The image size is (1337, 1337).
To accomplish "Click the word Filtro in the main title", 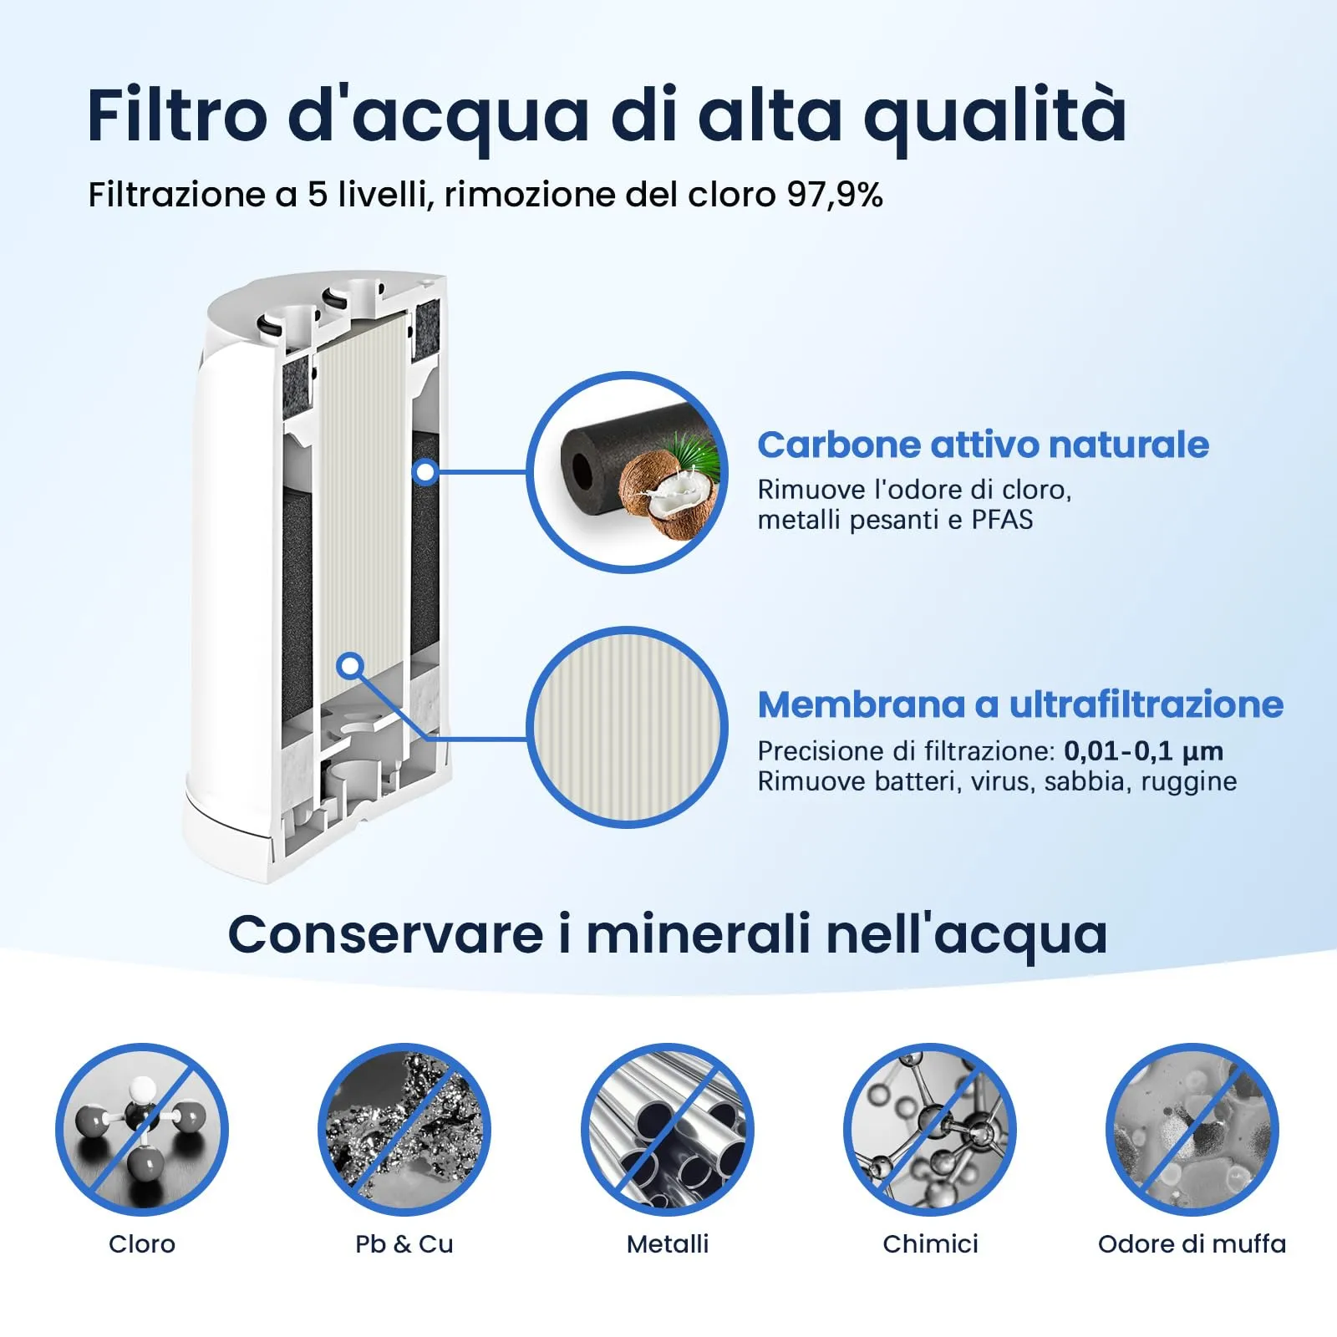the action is pos(177,114).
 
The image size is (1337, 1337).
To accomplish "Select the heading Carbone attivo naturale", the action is pos(983,445).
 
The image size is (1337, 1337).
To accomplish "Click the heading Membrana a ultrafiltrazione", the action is pos(1020,704).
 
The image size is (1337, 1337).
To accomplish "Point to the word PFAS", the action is pos(1002,520).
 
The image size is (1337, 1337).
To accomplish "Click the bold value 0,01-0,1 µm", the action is pos(1143,751).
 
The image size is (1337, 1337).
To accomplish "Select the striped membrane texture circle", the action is pos(627,727).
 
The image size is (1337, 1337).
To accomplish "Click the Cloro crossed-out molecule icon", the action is pos(142,1130).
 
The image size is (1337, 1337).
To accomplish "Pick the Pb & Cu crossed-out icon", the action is pos(404,1130).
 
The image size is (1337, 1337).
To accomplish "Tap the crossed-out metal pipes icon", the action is pos(668,1130).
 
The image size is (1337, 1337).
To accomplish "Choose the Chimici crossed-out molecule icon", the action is pos(930,1130).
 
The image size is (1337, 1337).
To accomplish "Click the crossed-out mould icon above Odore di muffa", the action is pos(1192,1130).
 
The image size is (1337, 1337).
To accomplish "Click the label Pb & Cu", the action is pos(404,1244).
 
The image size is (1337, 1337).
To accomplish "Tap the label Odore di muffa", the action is pos(1192,1244).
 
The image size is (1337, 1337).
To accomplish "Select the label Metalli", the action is pos(668,1244).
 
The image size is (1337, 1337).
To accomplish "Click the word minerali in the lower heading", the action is pos(698,933).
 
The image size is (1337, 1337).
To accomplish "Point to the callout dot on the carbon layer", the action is pos(425,472).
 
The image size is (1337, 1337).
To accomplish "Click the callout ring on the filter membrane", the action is pos(352,666).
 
